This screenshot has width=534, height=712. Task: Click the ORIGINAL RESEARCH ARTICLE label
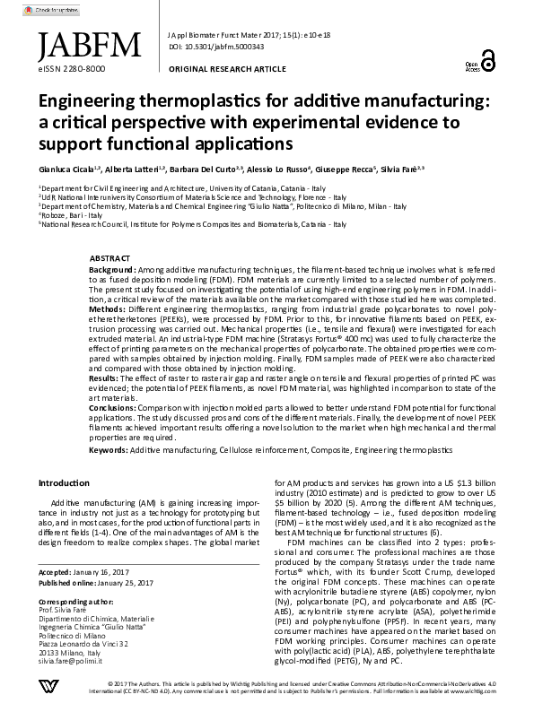[224, 68]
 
